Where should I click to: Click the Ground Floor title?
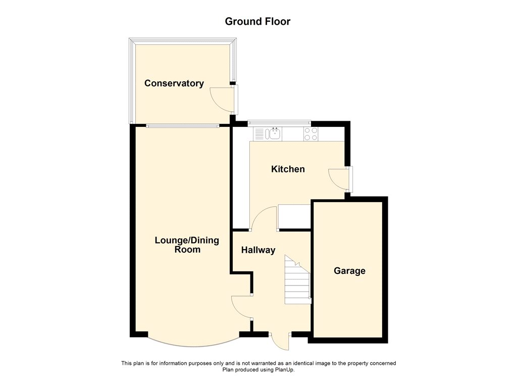click(x=257, y=21)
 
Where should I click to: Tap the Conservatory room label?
click(x=174, y=83)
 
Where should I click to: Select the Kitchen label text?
click(x=288, y=169)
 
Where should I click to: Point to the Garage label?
click(x=349, y=271)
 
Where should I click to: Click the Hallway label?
click(x=258, y=250)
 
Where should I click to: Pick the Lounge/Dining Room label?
click(x=187, y=245)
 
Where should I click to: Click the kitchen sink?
click(x=275, y=134)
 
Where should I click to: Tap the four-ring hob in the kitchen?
click(x=311, y=134)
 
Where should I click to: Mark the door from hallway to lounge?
click(x=241, y=307)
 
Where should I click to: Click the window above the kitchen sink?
click(x=279, y=121)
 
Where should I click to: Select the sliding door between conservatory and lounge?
click(x=182, y=125)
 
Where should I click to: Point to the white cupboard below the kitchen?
click(x=294, y=216)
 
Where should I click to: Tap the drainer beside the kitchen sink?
click(x=260, y=134)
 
